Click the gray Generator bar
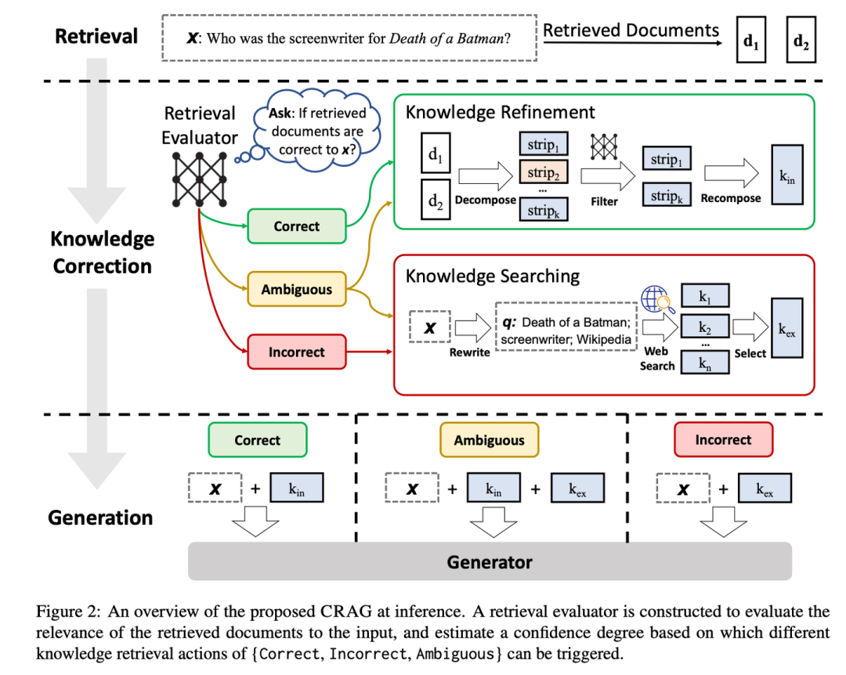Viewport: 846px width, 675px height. [x=490, y=561]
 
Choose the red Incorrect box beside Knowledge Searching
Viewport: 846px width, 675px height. [x=296, y=352]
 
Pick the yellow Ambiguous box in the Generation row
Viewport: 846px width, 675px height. [x=489, y=440]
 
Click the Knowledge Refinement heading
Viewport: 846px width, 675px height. [x=500, y=113]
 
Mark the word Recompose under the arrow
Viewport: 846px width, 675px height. [x=730, y=198]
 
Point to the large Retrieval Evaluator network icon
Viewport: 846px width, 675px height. [x=200, y=179]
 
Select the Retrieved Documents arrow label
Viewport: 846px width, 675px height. [x=631, y=31]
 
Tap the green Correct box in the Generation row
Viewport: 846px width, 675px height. [x=257, y=440]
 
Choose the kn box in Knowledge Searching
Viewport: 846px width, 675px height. [x=703, y=363]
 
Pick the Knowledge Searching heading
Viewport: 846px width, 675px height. [x=492, y=276]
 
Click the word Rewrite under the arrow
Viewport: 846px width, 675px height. [x=469, y=352]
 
